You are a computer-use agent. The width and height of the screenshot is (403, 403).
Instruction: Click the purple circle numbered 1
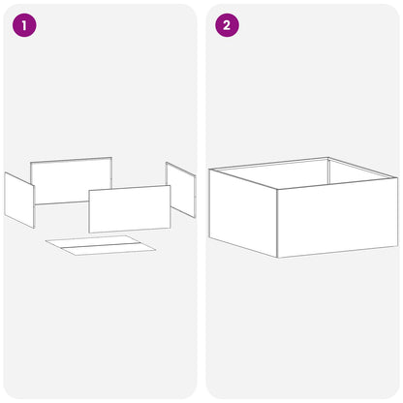point(24,25)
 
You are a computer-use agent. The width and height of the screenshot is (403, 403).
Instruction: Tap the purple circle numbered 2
point(227,25)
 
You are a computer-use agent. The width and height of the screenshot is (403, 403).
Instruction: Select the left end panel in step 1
point(19,201)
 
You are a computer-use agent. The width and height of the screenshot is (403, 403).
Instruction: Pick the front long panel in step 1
point(130,209)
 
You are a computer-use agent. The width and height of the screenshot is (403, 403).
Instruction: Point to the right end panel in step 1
point(180,190)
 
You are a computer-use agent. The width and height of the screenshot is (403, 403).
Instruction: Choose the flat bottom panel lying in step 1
point(101,245)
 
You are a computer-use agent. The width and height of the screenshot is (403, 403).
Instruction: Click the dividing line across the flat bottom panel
point(101,245)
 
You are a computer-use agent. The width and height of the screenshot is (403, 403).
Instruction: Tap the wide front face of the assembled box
point(337,218)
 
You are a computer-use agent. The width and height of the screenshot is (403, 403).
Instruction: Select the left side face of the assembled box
point(243,213)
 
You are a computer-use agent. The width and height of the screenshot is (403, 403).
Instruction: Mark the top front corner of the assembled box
point(277,189)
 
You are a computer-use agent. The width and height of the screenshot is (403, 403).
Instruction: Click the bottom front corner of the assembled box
point(278,258)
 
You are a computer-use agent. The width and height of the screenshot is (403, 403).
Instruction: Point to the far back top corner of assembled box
point(328,158)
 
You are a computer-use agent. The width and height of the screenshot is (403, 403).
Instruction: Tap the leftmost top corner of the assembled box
point(209,170)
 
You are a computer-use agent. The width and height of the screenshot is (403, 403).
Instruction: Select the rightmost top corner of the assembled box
point(398,178)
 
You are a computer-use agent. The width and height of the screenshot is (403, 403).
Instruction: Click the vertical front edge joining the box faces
point(277,223)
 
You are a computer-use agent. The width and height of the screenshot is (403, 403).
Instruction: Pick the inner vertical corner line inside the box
point(328,170)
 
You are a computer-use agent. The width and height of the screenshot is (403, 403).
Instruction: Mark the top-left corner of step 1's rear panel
point(31,163)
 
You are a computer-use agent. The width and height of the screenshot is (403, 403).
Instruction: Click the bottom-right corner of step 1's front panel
point(170,229)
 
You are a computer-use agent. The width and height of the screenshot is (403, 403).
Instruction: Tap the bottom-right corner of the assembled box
point(398,246)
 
